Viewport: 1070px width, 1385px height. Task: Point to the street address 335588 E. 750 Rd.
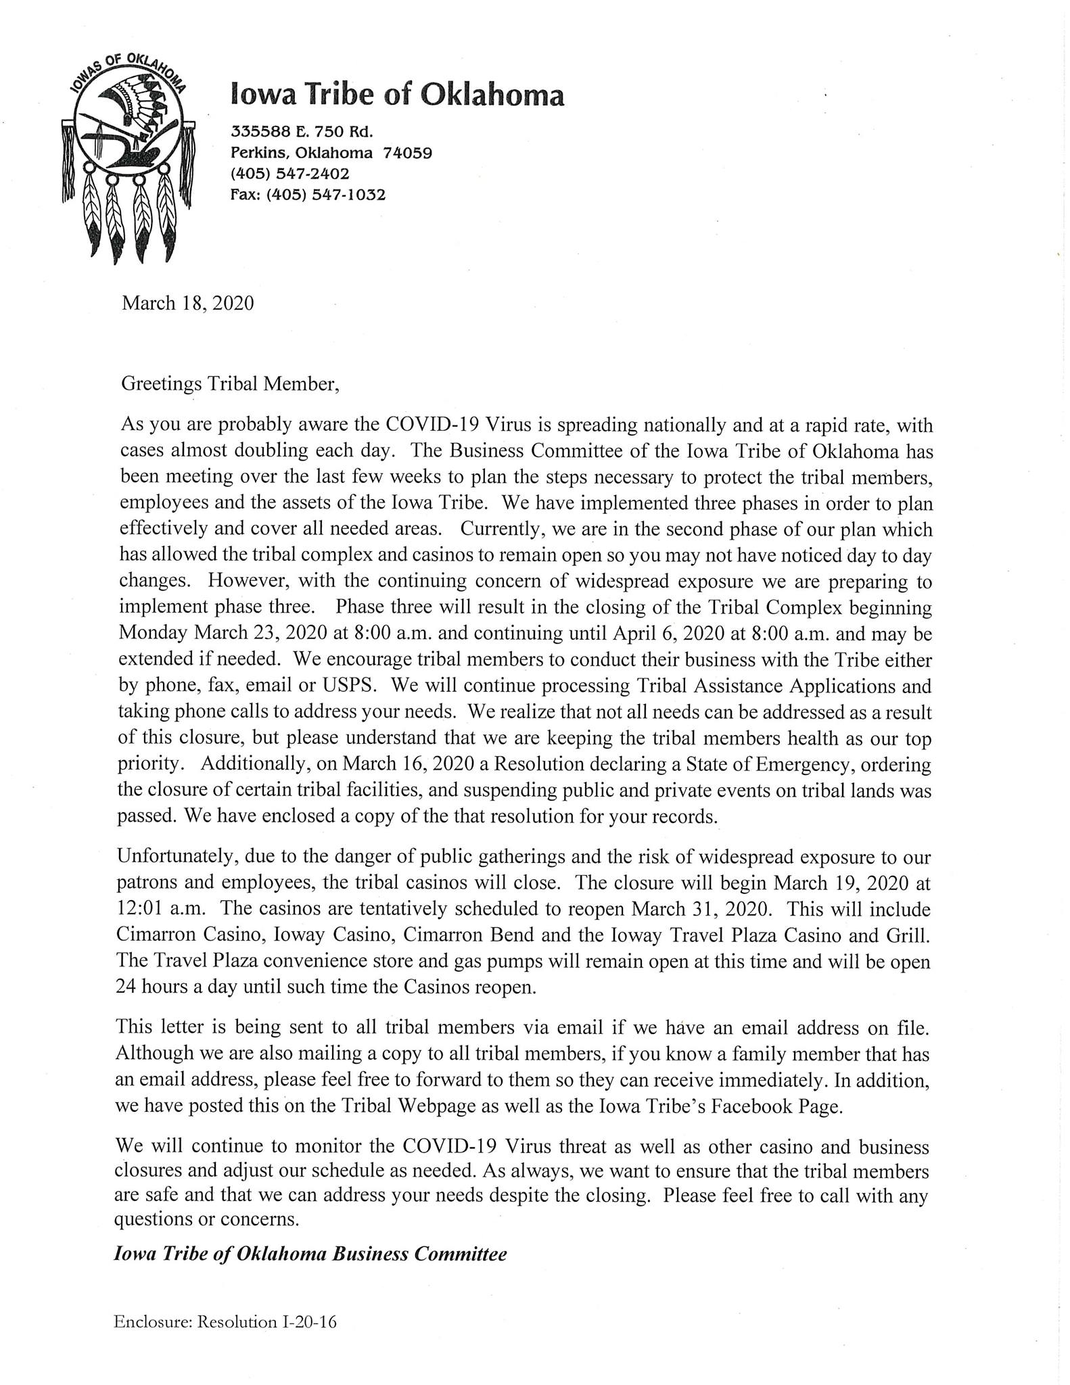tap(302, 131)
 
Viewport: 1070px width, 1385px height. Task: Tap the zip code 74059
tap(407, 152)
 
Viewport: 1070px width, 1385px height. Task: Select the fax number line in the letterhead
tap(308, 195)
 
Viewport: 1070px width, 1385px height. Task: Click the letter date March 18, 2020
tap(187, 303)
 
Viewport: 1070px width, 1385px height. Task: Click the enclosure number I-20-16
tap(308, 1321)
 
